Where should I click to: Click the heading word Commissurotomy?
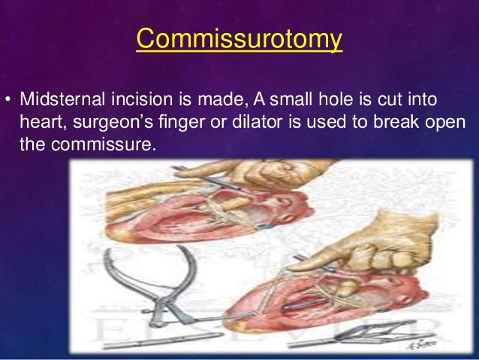[239, 38]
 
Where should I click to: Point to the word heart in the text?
[40, 121]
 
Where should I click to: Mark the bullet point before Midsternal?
[8, 101]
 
